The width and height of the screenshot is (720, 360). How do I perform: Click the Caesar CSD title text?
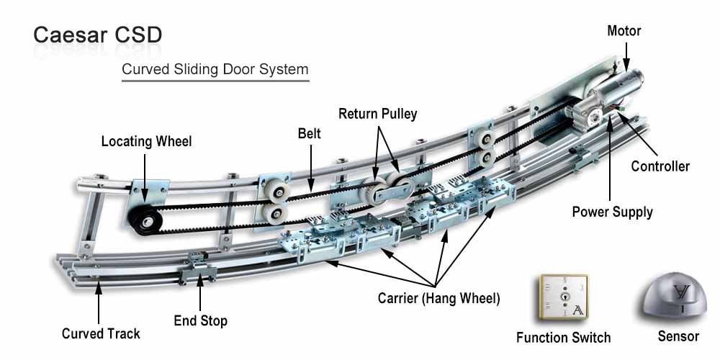[x=97, y=35]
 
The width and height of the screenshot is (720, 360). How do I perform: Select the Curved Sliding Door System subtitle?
[x=215, y=70]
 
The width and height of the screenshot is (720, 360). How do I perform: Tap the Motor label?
[x=624, y=31]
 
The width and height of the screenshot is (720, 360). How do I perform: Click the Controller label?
[x=660, y=166]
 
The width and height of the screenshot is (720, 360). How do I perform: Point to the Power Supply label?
[x=612, y=212]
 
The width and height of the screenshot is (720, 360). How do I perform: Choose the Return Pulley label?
[x=377, y=114]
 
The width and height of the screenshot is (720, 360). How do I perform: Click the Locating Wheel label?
[x=146, y=141]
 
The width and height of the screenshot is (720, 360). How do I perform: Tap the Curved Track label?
[x=101, y=333]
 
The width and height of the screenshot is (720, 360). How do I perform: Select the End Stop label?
[x=200, y=321]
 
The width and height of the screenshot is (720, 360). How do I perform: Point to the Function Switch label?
[x=563, y=337]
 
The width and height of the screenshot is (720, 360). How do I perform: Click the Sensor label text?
[x=678, y=336]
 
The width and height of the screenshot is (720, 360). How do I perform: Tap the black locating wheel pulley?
[x=147, y=214]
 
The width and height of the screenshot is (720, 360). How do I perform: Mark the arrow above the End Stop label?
[x=201, y=292]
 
